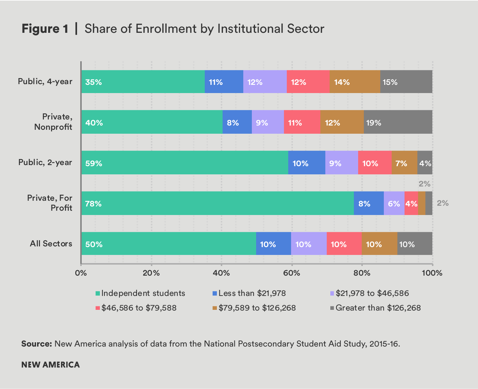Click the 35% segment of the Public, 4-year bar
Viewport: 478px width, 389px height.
coord(143,82)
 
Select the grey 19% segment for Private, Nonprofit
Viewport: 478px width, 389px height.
coord(398,122)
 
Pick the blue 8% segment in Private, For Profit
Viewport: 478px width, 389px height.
coord(368,203)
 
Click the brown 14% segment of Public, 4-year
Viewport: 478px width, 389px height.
coord(355,82)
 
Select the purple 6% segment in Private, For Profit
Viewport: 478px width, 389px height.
coord(394,203)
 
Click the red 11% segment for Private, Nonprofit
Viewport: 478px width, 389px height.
coord(302,122)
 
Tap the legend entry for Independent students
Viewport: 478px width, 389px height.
coord(143,293)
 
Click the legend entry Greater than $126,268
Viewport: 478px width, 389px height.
coord(378,308)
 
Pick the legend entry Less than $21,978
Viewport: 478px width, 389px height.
coord(252,293)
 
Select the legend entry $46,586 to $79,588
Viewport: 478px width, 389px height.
coord(138,308)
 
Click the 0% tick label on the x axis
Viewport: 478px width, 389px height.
coord(81,273)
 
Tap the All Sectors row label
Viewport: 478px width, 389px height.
coord(51,244)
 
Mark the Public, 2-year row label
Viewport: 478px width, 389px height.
coord(45,163)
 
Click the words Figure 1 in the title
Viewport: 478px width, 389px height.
coord(45,29)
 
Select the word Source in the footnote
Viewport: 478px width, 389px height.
coord(37,344)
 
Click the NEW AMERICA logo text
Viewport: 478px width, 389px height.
coord(51,365)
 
